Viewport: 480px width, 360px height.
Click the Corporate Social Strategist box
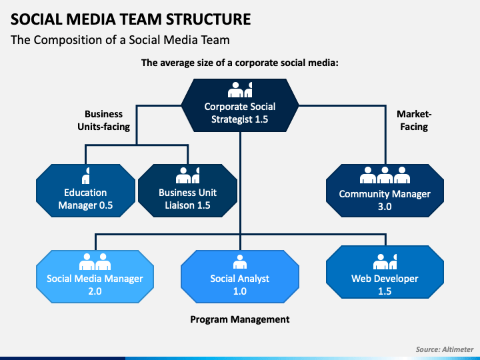(240, 105)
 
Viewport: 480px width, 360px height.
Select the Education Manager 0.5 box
(85, 191)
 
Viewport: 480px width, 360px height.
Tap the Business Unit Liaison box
(187, 191)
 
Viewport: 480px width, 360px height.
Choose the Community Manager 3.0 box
(385, 191)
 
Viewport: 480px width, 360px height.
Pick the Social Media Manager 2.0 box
(95, 277)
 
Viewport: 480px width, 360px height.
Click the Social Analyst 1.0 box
(240, 277)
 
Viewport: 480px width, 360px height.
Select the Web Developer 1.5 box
(385, 272)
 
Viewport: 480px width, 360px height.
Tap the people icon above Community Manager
(385, 175)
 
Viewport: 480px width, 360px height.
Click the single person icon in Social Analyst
(240, 262)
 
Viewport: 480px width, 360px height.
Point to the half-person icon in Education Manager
(86, 175)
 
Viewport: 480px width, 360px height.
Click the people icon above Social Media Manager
(95, 262)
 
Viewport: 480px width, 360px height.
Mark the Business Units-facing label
(104, 120)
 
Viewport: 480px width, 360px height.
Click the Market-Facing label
(414, 120)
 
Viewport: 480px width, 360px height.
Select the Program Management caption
(240, 319)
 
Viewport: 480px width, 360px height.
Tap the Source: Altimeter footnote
(445, 349)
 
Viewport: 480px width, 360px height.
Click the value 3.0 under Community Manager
(385, 207)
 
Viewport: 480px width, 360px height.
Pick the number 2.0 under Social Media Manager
(95, 291)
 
